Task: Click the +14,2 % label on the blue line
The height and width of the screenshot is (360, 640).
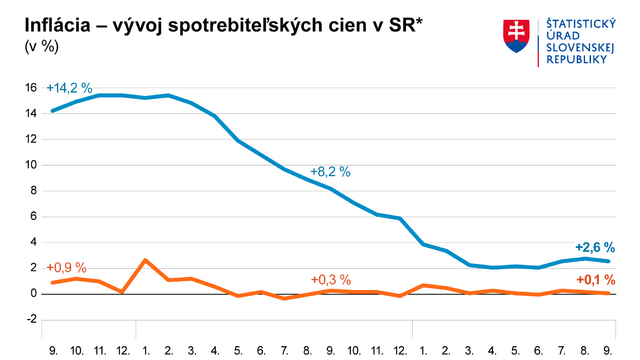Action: [69, 89]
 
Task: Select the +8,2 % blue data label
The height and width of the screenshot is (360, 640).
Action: [330, 172]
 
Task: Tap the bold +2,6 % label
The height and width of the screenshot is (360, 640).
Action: [595, 247]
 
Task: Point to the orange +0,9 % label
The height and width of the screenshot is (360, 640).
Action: [66, 267]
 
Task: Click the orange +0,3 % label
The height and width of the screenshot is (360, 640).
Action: [330, 279]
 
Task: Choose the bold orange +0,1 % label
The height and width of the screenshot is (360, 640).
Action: [596, 278]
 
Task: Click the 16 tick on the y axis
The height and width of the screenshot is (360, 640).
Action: [30, 87]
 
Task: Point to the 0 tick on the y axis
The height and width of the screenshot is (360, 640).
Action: [32, 294]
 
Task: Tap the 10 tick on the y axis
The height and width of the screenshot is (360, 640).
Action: [30, 165]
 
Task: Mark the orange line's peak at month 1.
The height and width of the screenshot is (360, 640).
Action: [146, 260]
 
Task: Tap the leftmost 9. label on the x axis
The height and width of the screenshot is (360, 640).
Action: [53, 351]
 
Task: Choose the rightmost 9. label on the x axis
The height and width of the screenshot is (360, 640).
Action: [608, 351]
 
